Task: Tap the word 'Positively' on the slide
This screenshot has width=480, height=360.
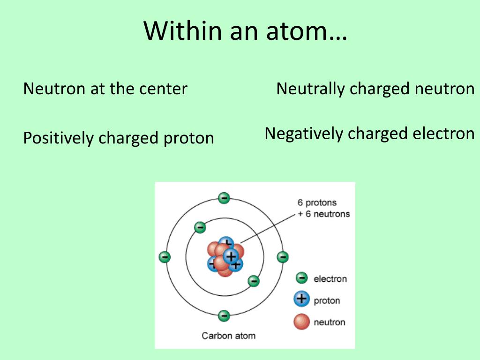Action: pos(59,138)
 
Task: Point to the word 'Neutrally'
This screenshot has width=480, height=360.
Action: pos(310,89)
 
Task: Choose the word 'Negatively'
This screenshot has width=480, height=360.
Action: pos(304,134)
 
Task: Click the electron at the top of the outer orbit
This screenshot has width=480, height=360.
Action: pos(224,198)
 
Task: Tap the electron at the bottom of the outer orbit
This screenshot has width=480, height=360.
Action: pos(224,315)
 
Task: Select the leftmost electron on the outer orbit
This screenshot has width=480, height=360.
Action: pos(165,257)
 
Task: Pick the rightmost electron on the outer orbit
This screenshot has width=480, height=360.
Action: pos(283,257)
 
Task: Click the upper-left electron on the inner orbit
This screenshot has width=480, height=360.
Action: pos(200,227)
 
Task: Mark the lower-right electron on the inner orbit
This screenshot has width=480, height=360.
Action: pos(254,281)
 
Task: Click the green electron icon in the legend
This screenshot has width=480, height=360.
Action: pos(302,278)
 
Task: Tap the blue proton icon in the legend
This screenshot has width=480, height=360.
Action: pos(302,299)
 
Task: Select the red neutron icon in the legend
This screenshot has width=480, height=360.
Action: pos(302,322)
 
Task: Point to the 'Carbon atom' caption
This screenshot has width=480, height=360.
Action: pos(229,336)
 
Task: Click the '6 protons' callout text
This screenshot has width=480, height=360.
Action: pos(317,203)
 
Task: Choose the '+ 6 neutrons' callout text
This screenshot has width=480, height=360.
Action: pos(323,214)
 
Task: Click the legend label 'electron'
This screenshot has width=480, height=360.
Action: pos(330,279)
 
